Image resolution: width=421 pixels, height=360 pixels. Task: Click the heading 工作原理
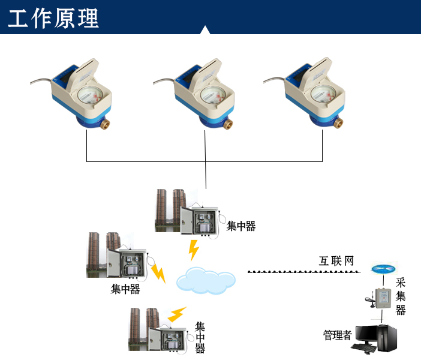(53, 19)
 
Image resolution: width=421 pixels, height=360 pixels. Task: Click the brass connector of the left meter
(104, 124)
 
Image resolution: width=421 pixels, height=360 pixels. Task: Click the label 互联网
(336, 261)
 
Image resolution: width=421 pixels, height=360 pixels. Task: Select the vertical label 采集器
(401, 296)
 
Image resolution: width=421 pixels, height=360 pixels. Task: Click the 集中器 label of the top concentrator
(241, 226)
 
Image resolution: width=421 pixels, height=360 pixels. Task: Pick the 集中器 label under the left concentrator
(125, 289)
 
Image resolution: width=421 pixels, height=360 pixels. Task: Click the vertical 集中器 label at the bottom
(200, 338)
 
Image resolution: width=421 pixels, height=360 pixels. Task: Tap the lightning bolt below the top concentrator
(193, 250)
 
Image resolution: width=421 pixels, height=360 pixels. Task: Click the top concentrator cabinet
(200, 221)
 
